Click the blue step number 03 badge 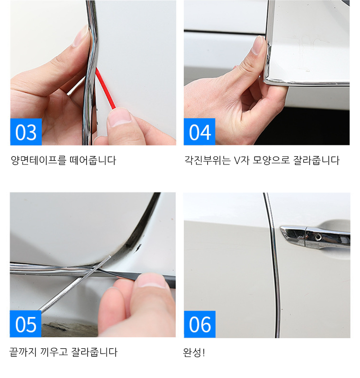[x=26, y=132]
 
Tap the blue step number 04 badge [x=199, y=132]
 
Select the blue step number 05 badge [x=25, y=324]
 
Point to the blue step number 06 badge [x=200, y=324]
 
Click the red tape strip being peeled [x=105, y=88]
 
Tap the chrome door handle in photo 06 [x=315, y=238]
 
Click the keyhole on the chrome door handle [x=318, y=237]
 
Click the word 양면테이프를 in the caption [x=38, y=160]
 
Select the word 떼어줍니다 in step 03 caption [x=93, y=160]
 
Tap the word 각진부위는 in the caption [x=208, y=160]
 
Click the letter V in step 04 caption [x=237, y=160]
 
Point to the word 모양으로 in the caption [x=271, y=160]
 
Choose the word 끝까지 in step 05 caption [x=23, y=352]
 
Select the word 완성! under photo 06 [x=194, y=353]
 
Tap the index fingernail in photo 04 [x=258, y=45]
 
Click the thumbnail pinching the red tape [x=120, y=118]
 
